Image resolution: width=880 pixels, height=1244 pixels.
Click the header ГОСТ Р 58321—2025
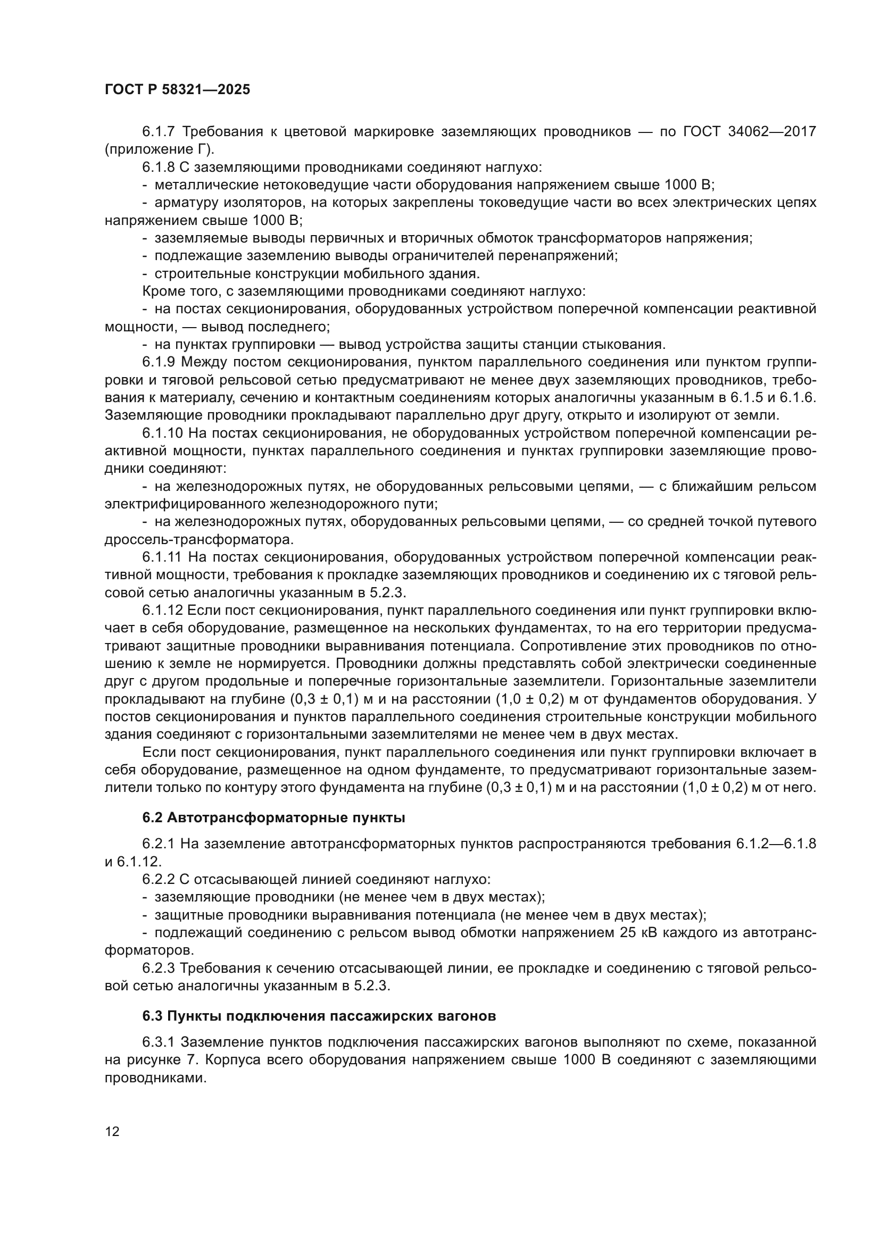click(177, 90)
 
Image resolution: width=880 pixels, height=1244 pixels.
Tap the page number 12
click(112, 1131)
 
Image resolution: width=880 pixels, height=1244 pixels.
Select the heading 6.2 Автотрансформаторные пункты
click(273, 817)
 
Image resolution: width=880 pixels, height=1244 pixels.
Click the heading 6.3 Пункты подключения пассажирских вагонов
click(319, 1016)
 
